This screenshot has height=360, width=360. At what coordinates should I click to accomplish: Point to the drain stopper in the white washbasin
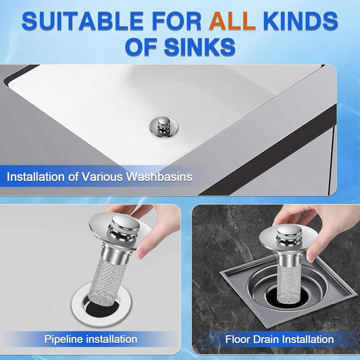(x=161, y=126)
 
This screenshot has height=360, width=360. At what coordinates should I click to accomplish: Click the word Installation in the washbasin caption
(x=32, y=178)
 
